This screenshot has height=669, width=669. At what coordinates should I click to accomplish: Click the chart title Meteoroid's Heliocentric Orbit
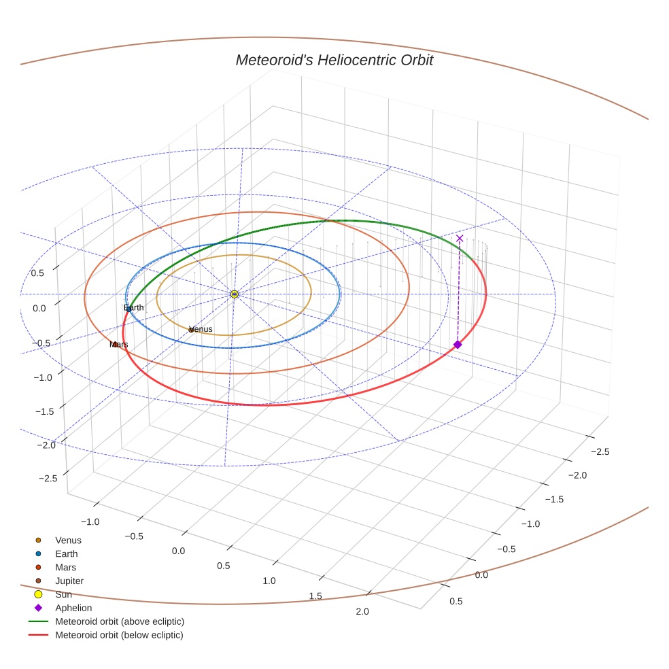click(334, 60)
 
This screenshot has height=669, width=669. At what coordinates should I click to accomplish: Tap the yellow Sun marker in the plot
click(234, 294)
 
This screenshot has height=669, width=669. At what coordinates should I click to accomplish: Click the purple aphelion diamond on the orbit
click(458, 345)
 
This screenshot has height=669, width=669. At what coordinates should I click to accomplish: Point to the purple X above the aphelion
click(460, 238)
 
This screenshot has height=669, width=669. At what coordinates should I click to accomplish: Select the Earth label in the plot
click(133, 308)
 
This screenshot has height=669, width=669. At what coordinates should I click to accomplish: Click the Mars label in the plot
click(119, 345)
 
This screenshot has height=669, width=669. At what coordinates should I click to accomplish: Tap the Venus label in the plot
click(201, 329)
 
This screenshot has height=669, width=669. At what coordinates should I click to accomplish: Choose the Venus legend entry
click(68, 541)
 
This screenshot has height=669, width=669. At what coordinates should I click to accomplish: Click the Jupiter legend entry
click(69, 581)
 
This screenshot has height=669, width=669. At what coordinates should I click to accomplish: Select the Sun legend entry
click(63, 595)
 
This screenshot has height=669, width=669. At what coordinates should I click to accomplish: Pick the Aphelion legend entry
click(73, 608)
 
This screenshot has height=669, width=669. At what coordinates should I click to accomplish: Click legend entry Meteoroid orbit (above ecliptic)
click(120, 621)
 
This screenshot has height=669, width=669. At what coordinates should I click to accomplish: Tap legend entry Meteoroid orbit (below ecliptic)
click(120, 635)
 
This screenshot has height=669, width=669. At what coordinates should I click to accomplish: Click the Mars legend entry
click(65, 568)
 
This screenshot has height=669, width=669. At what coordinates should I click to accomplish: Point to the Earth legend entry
click(66, 554)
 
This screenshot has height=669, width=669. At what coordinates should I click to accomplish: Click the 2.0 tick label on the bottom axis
click(362, 611)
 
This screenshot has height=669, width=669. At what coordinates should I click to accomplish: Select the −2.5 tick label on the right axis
click(600, 451)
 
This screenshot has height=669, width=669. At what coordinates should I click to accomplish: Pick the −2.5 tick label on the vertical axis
click(47, 479)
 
